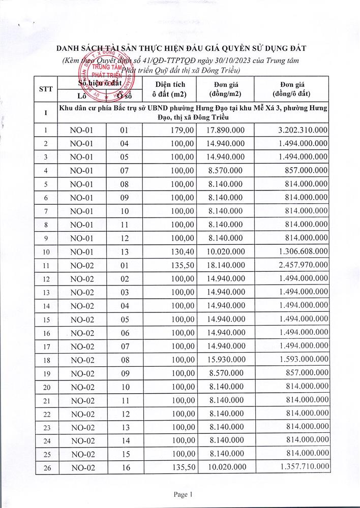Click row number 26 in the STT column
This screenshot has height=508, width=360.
click(x=46, y=467)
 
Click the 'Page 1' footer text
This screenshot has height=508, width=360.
click(x=181, y=494)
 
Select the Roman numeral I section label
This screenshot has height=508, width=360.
click(x=46, y=112)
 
